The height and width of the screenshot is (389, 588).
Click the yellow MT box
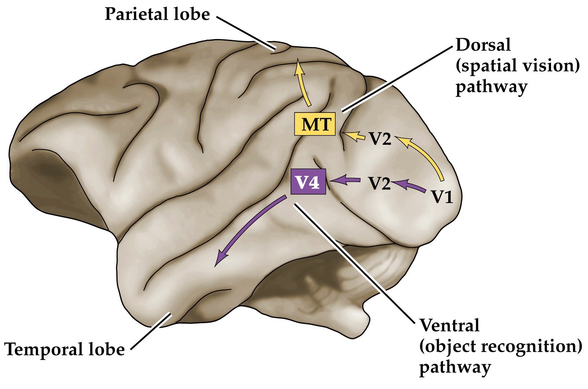click(x=315, y=124)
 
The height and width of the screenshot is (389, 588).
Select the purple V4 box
click(x=308, y=182)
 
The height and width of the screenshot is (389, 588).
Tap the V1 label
click(x=442, y=196)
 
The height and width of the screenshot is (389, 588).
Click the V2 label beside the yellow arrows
click(x=380, y=139)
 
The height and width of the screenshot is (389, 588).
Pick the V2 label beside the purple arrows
click(x=380, y=183)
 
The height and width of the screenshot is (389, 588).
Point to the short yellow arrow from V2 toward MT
click(x=355, y=136)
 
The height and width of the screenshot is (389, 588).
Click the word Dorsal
click(x=483, y=44)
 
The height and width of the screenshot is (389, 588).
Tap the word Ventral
click(x=449, y=325)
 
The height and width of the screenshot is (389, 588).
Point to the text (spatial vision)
click(x=517, y=65)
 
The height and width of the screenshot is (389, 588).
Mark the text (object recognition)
click(x=501, y=347)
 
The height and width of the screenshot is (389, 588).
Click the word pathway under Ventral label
click(x=454, y=368)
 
